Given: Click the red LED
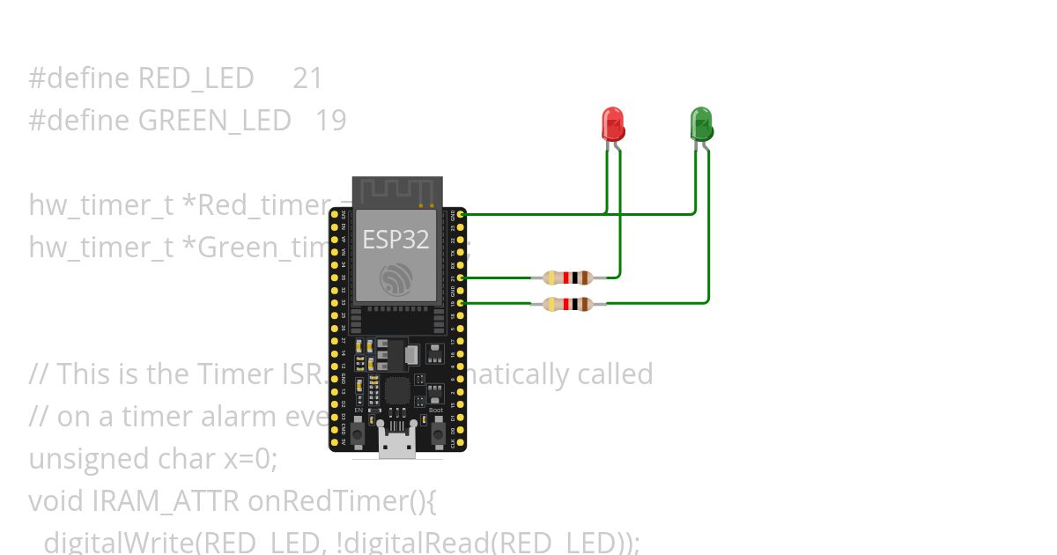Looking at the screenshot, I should tap(612, 123).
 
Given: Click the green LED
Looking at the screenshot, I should tap(701, 123).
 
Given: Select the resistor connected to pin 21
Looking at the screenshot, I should tap(568, 277).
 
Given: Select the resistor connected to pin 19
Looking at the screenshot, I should tap(568, 304).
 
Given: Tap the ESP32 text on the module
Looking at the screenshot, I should tap(396, 239).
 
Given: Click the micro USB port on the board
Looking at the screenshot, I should tap(397, 445).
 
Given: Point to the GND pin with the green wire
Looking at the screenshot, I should tap(461, 214).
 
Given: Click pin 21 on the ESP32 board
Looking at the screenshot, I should tap(461, 277).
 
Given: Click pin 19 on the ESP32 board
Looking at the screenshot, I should tap(461, 303).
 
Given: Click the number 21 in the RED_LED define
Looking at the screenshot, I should tap(307, 78).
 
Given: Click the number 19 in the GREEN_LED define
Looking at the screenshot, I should tap(330, 121).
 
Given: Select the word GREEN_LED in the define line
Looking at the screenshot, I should tap(214, 121).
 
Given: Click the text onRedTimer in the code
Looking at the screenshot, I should tap(326, 501).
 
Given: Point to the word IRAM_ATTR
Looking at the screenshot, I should tap(165, 501).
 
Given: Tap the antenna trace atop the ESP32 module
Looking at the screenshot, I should tap(396, 189).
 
